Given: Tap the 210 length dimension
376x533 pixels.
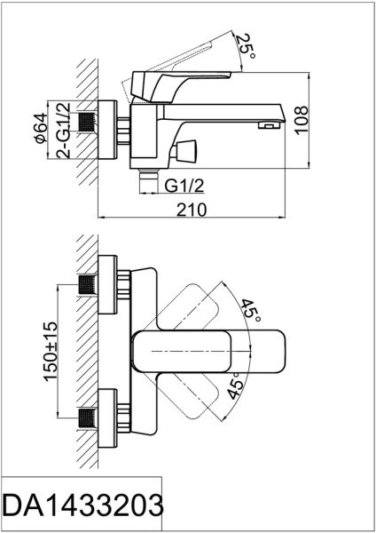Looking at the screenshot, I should [193, 209].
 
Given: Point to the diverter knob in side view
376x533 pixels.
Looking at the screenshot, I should [189, 147].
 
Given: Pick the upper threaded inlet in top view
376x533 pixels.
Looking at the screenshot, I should [87, 285].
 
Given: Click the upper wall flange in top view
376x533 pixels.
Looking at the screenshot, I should [106, 284].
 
